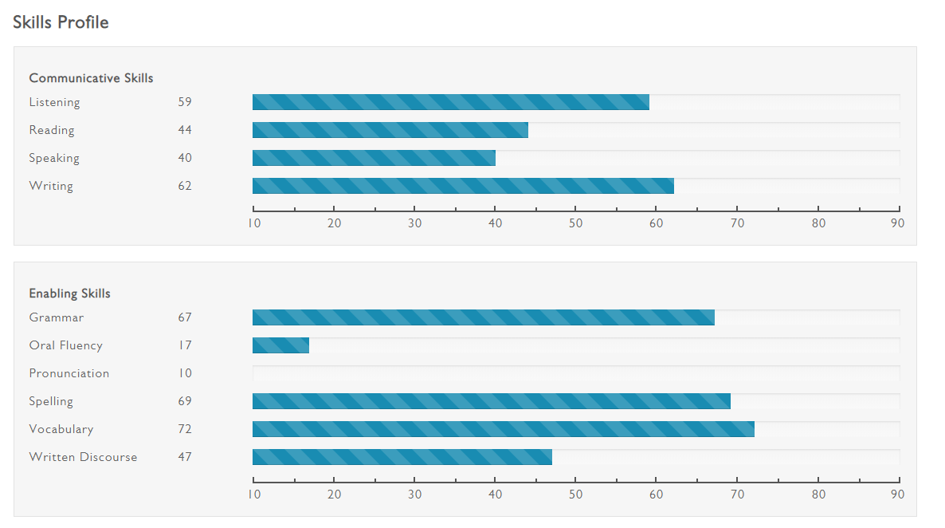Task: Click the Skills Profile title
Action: point(61,22)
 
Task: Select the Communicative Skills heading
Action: point(91,78)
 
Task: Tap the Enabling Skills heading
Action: point(70,294)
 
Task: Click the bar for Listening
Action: point(450,102)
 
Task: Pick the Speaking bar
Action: point(374,158)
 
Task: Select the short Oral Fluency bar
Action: point(280,345)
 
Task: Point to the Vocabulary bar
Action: point(503,429)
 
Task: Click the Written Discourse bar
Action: point(402,457)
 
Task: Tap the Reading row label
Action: point(52,130)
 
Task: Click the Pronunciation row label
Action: point(69,373)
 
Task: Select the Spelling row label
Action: point(51,401)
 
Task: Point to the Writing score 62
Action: point(185,186)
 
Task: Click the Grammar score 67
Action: point(185,317)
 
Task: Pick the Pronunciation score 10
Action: point(185,373)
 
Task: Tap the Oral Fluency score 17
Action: point(185,345)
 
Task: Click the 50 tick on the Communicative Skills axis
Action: point(576,223)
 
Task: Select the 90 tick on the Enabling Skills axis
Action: point(898,494)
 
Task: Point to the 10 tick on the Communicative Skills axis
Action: point(254,223)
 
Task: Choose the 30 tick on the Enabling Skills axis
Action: point(415,494)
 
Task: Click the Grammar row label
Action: point(57,317)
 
